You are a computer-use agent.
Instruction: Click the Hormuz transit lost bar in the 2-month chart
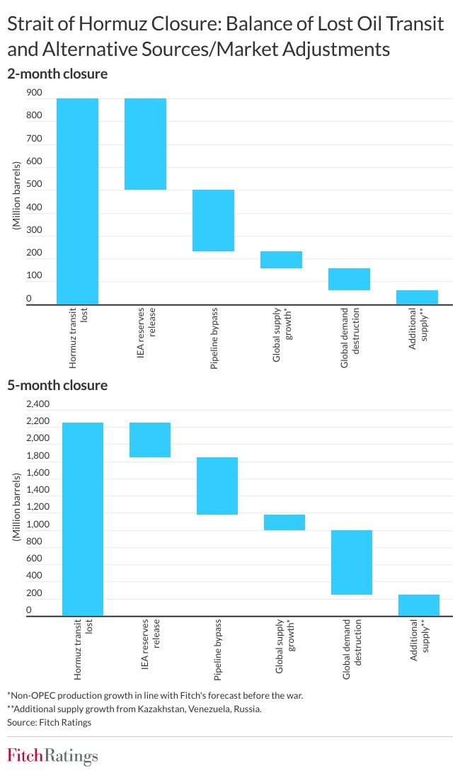pos(77,202)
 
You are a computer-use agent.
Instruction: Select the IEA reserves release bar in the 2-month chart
pos(145,144)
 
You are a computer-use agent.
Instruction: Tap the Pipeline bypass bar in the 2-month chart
pos(214,220)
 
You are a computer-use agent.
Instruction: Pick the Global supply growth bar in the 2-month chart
pos(282,260)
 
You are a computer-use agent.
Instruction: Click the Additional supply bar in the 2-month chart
pos(417,297)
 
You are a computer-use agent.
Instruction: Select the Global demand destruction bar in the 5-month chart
pos(352,562)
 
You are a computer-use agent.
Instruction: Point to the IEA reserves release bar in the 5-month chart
pos(150,440)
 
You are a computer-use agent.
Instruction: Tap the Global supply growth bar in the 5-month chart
pos(284,522)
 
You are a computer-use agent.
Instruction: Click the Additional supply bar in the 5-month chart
pos(419,605)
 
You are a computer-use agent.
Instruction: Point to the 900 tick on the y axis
pos(34,93)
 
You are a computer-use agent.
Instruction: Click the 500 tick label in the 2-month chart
pos(34,184)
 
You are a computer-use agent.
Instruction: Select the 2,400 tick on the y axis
pos(38,404)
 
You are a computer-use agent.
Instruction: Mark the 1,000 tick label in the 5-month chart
pos(38,525)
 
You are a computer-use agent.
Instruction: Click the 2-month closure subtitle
pos(57,74)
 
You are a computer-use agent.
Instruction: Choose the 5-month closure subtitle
pos(57,386)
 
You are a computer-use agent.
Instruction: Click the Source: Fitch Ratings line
pos(49,722)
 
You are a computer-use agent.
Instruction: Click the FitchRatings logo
pos(52,756)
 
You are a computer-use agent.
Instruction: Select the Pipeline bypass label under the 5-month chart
pos(217,649)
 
